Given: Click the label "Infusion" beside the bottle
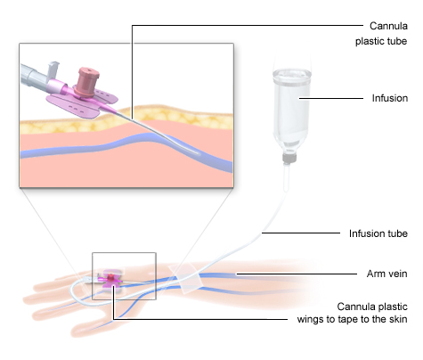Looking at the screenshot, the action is coord(390,98).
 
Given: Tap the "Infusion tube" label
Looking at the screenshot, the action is coord(378,233).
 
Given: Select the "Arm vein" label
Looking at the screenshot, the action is coord(386,274).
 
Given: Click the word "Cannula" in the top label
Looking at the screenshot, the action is coord(388,26).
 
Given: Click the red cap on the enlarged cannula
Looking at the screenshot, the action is coord(87,81).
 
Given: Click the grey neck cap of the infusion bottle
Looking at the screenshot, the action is coord(289,159).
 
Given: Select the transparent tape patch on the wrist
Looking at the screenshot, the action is coord(185,279).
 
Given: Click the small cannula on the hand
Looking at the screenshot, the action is coord(110,279).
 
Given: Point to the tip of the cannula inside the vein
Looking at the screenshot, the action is coord(198,153).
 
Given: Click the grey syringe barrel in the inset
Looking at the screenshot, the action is coord(34,75).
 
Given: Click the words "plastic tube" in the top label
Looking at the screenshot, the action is coord(381,41).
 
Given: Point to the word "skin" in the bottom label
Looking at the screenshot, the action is coord(397,319).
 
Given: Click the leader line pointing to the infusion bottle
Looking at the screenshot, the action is coord(331,98).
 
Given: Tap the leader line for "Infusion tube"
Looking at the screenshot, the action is coord(301,233).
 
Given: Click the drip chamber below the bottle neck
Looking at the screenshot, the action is coord(287,176).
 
